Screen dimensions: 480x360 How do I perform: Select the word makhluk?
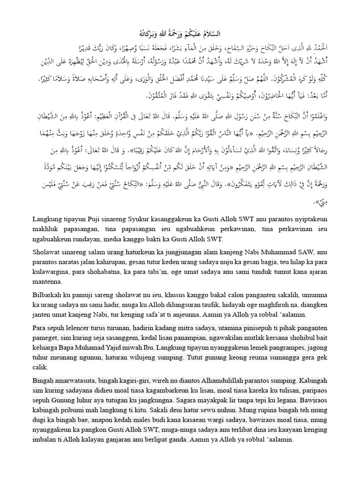coord(46,230)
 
